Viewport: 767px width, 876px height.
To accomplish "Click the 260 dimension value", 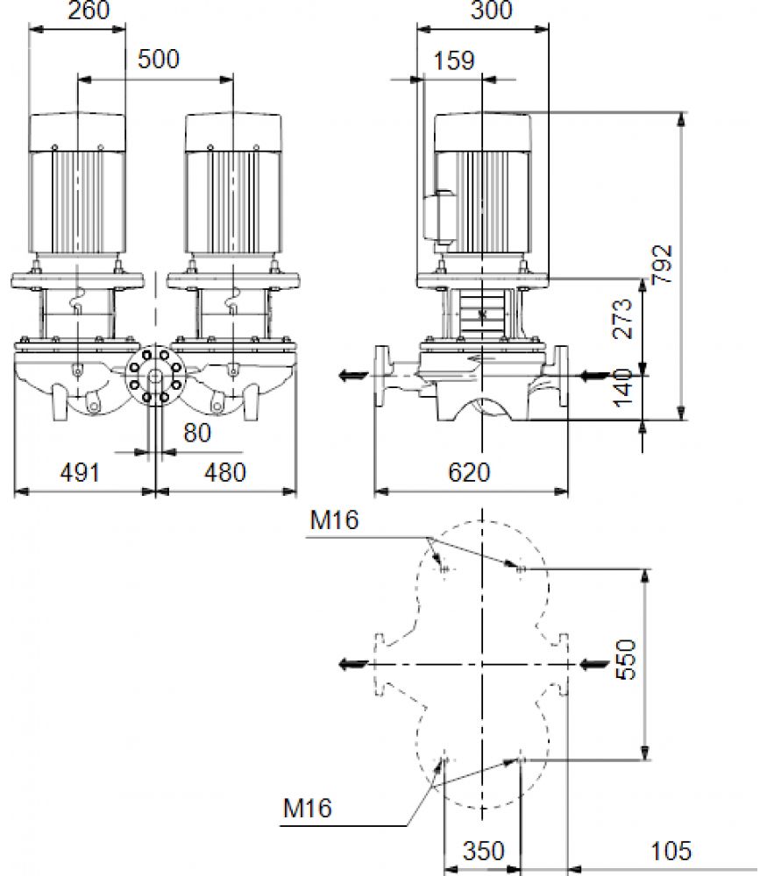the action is [89, 10].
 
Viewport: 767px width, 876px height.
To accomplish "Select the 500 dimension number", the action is [159, 60].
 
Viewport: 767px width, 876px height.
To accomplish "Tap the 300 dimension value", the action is [492, 10].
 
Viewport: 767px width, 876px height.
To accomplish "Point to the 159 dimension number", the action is [454, 61].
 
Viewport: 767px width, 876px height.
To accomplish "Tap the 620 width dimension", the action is [469, 473].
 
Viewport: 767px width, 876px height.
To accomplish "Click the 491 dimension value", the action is [80, 473].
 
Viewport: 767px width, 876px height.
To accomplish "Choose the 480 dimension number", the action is [224, 473].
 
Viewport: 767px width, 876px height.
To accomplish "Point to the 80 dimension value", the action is [197, 433].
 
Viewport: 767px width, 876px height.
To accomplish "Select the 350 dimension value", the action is [484, 851].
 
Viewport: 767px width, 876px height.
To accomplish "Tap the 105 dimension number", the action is [671, 851].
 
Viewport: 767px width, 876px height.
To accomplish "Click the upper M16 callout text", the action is [334, 520].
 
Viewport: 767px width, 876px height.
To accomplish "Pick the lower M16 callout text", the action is [308, 809].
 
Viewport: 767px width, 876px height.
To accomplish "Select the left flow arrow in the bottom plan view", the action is [354, 664].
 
